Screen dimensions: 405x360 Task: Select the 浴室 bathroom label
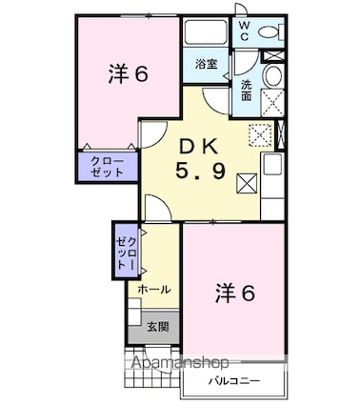[x=207, y=64]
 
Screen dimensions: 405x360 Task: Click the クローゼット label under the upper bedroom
[x=108, y=168]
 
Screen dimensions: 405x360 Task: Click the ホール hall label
[x=154, y=288]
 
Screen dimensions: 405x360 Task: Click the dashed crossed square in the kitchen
[x=259, y=133]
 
